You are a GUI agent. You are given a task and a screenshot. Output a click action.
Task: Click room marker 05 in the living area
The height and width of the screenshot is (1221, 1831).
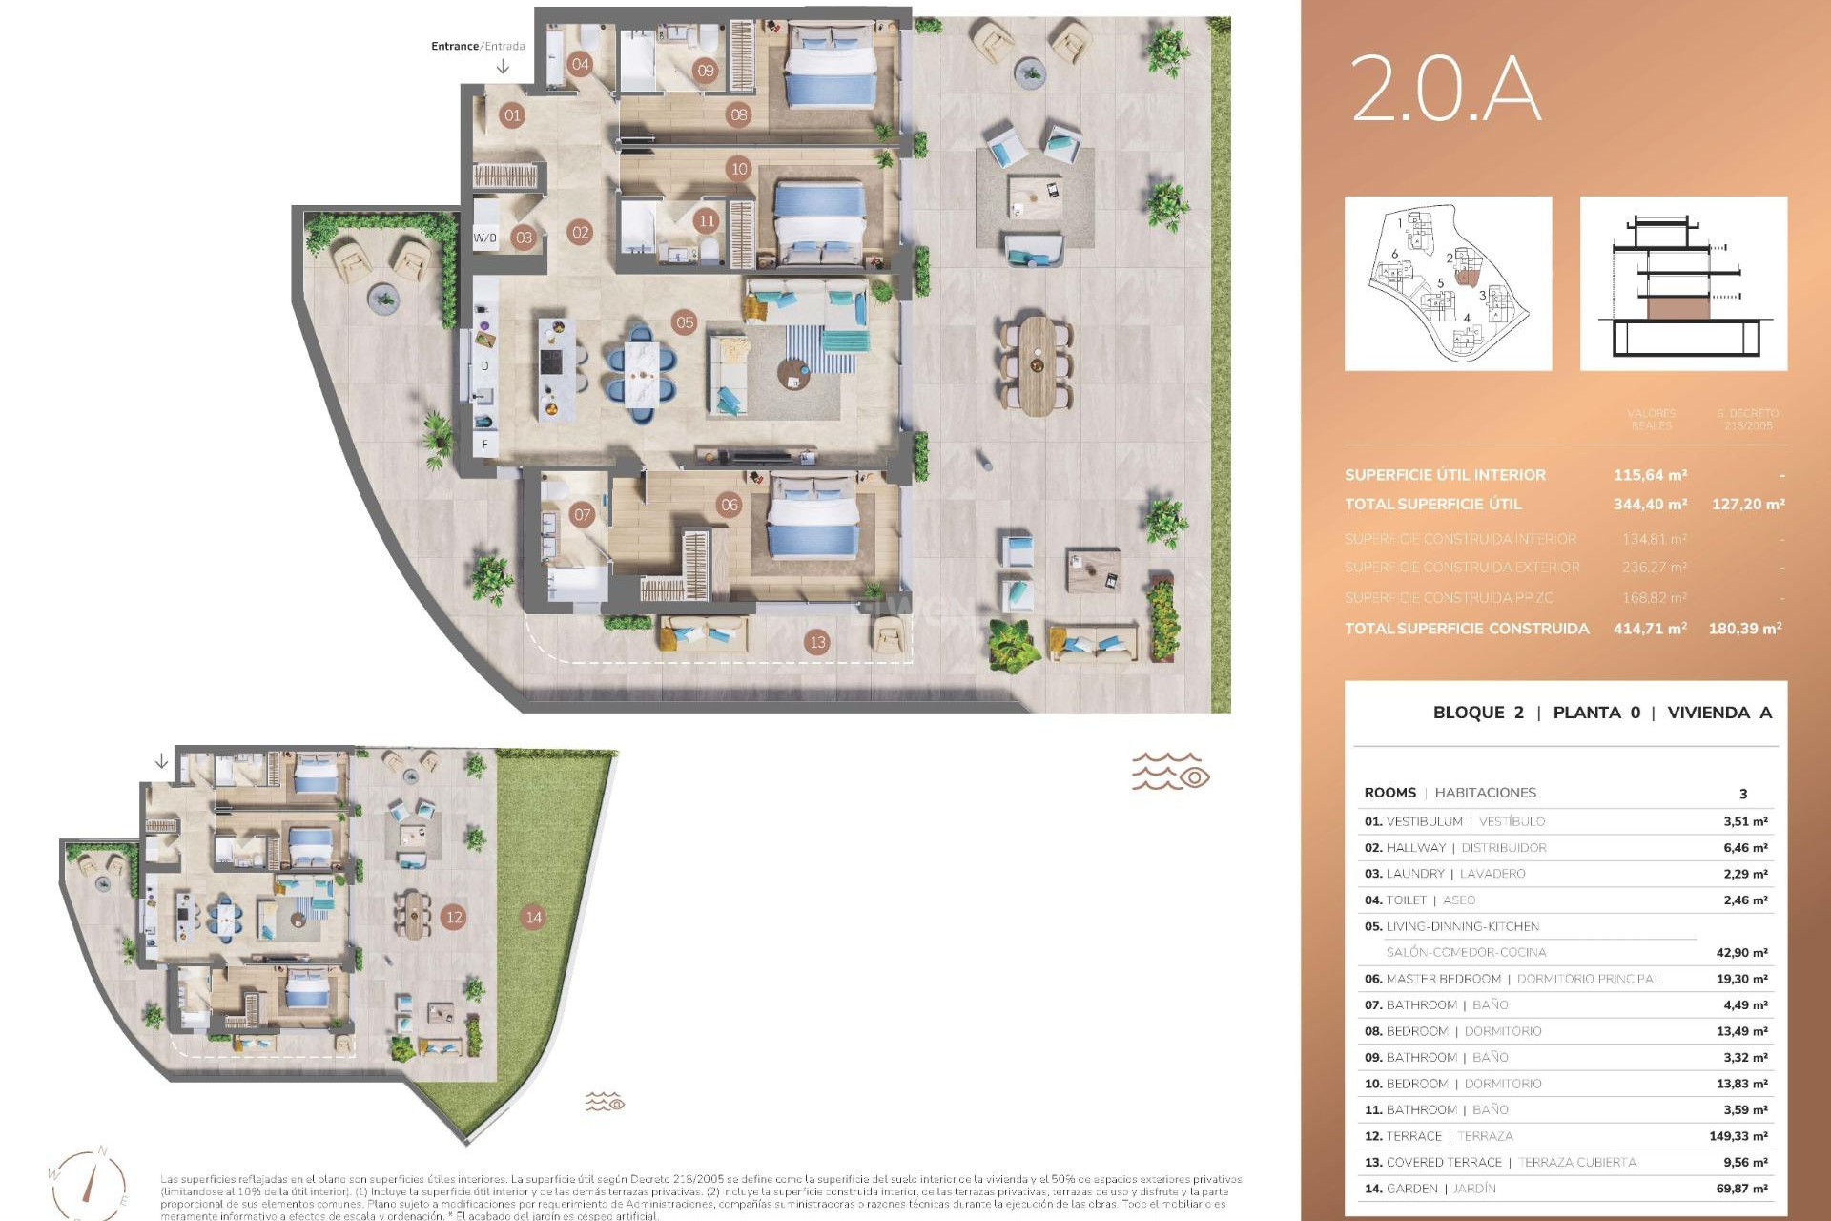point(685,322)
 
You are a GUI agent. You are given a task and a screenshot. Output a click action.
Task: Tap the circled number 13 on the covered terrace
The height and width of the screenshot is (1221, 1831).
point(817,642)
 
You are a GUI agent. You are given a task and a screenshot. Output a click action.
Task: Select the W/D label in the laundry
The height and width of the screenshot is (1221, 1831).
point(485,238)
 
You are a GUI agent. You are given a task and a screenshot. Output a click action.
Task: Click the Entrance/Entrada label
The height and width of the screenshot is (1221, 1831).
point(478,46)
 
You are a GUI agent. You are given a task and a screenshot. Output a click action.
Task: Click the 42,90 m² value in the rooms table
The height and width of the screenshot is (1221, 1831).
point(1741,952)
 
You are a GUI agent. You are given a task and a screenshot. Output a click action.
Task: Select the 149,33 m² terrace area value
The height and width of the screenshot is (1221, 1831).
point(1738,1136)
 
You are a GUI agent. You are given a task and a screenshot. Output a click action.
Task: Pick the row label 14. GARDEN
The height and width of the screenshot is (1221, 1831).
point(1401,1189)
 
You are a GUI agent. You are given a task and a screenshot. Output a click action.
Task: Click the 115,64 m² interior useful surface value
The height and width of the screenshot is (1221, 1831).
point(1650,475)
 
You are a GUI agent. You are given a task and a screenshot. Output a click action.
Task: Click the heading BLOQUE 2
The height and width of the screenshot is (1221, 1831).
point(1478,713)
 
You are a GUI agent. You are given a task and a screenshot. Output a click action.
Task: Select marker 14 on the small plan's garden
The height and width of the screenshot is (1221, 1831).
point(533,917)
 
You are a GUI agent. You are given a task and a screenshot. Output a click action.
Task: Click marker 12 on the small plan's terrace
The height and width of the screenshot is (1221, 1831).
point(454,917)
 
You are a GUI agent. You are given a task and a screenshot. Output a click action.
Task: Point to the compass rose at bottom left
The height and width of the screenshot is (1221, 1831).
point(88,1184)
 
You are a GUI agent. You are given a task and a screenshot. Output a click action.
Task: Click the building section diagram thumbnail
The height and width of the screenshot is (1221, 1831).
point(1683,283)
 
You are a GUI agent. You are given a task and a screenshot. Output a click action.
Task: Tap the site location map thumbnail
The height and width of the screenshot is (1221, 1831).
point(1448,283)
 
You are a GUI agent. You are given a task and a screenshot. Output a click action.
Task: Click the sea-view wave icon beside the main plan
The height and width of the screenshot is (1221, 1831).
point(1170,772)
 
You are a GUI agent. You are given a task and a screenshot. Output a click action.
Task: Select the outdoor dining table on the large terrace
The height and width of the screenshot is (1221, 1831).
point(1037,365)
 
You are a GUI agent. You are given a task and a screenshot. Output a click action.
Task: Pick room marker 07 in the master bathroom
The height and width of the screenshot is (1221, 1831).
point(582,515)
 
